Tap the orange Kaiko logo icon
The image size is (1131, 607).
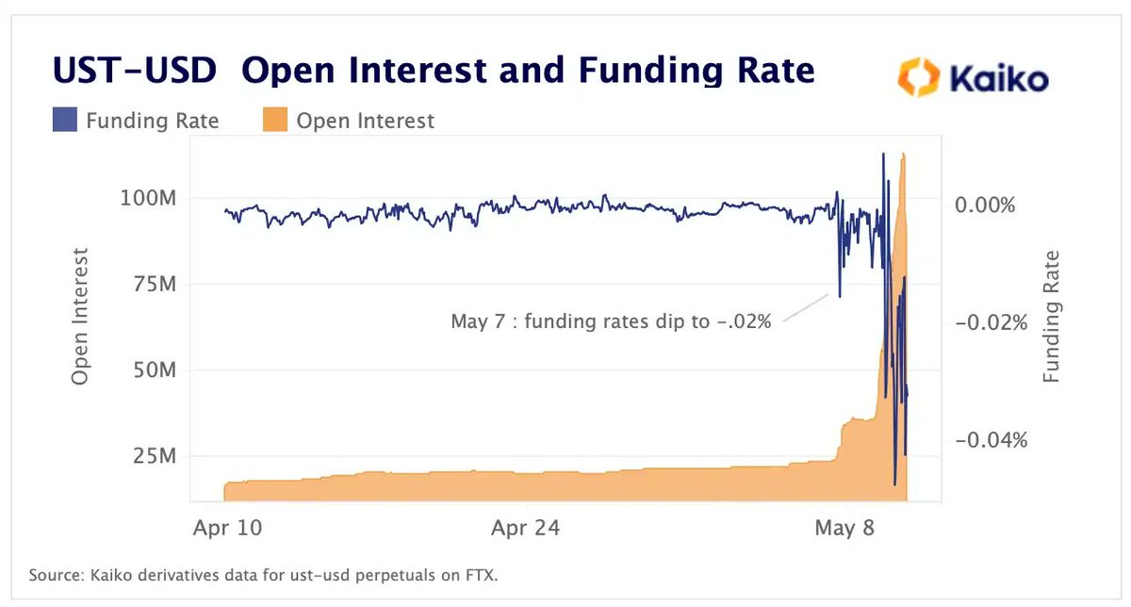click(917, 78)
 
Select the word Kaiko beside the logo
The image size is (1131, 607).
click(997, 78)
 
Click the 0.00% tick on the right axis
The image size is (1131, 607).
click(984, 205)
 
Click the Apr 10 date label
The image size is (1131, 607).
click(227, 528)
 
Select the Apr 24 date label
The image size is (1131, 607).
click(526, 528)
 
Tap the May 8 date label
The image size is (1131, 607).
click(845, 528)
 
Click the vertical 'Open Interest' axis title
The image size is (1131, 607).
click(80, 317)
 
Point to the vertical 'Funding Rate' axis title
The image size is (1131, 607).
click(1051, 317)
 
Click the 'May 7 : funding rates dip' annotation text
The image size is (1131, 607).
click(612, 322)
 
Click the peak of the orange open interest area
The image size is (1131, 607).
click(904, 156)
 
